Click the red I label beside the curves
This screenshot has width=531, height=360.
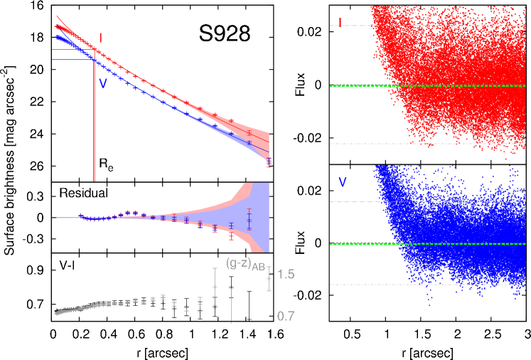pos(101,37)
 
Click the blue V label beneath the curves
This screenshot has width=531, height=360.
pos(103,83)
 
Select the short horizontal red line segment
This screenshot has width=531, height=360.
pos(71,50)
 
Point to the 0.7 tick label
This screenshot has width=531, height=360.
pos(286,316)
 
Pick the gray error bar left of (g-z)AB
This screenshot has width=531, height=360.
pos(215,286)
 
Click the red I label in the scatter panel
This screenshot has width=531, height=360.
pos(340,23)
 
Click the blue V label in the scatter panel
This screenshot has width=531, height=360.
pos(343,183)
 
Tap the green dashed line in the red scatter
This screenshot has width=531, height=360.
pos(363,86)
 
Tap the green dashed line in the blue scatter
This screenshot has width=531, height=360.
pos(363,244)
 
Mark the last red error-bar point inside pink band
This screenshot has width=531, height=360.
pos(249,133)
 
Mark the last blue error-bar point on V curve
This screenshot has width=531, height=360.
pos(249,143)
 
